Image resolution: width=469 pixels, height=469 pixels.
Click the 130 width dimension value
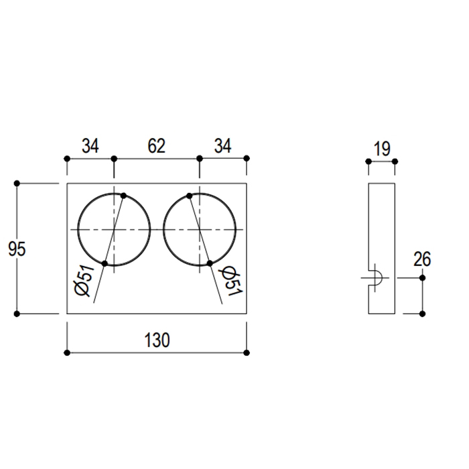(157, 340)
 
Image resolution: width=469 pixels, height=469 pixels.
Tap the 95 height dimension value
(17, 249)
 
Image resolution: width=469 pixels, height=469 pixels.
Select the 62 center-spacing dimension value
(156, 146)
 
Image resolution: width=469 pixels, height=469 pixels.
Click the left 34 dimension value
(90, 146)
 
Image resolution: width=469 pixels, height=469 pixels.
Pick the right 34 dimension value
(223, 146)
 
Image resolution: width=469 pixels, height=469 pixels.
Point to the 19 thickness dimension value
(382, 149)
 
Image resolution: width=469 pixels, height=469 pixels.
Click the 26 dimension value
(422, 259)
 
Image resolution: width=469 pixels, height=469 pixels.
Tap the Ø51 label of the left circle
(84, 281)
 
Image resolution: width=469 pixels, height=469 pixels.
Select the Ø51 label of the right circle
(230, 281)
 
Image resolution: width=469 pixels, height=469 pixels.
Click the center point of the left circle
(114, 229)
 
